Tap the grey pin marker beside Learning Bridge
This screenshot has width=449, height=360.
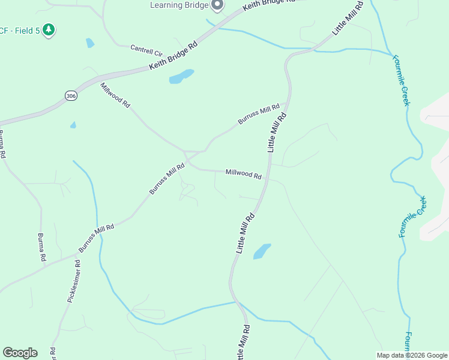[217, 5]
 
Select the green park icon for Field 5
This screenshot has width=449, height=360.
[49, 29]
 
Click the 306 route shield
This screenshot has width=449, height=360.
[71, 96]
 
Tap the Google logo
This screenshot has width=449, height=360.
[20, 353]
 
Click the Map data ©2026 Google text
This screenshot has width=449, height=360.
[411, 355]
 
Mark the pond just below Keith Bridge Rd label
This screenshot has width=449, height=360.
[181, 77]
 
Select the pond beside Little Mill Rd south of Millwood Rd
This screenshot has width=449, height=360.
[262, 251]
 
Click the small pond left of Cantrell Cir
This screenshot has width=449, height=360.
[90, 43]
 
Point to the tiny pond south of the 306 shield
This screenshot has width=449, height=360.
[73, 125]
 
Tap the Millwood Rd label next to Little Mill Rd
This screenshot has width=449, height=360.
[243, 173]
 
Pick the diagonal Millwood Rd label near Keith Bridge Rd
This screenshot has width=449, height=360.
[115, 95]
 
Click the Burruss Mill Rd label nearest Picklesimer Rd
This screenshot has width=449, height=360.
[96, 238]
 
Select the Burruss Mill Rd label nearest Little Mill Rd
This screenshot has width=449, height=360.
[259, 114]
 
